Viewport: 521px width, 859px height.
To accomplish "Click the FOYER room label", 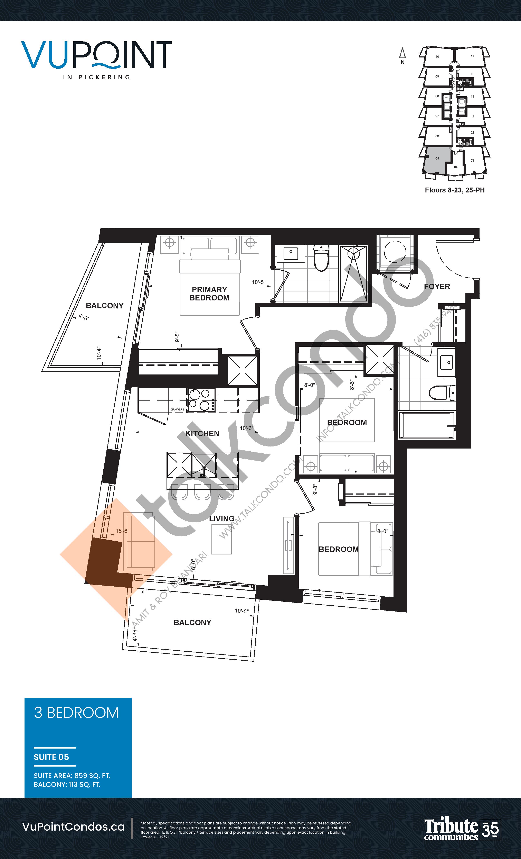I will (x=437, y=287).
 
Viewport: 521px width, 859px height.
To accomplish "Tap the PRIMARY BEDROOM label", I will (x=209, y=293).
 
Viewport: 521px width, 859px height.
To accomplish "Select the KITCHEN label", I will (x=202, y=433).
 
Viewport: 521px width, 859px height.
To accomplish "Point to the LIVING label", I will (x=221, y=518).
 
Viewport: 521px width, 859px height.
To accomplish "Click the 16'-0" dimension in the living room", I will (x=194, y=566).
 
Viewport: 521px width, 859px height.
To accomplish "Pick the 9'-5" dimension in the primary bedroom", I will (x=178, y=337).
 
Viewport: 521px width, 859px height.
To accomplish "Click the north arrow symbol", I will (x=402, y=54).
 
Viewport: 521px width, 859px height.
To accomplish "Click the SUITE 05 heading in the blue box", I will (x=51, y=757).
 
